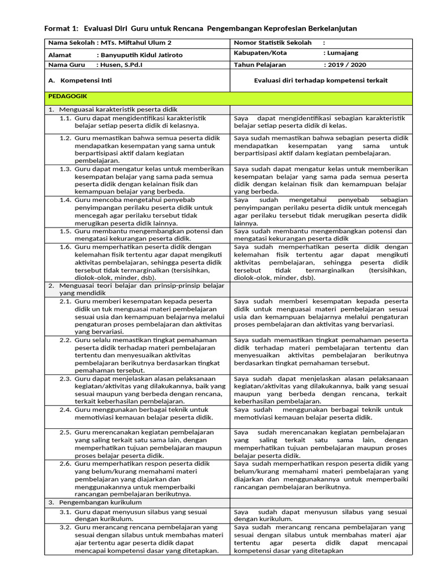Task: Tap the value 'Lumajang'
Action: pyautogui.click(x=343, y=53)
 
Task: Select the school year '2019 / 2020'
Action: pyautogui.click(x=347, y=65)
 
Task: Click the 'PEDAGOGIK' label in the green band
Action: pyautogui.click(x=67, y=97)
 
